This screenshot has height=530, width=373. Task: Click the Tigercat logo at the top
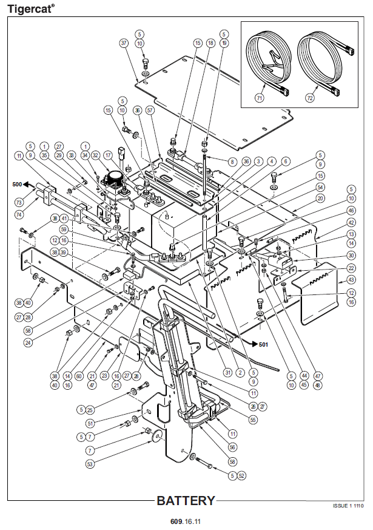[30, 8]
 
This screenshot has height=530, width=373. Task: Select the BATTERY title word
[186, 501]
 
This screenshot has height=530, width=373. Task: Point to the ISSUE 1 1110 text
[349, 506]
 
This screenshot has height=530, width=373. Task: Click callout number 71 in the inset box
[260, 97]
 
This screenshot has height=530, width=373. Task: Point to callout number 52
[242, 475]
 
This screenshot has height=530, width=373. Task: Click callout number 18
[210, 43]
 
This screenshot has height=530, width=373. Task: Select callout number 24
[29, 342]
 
